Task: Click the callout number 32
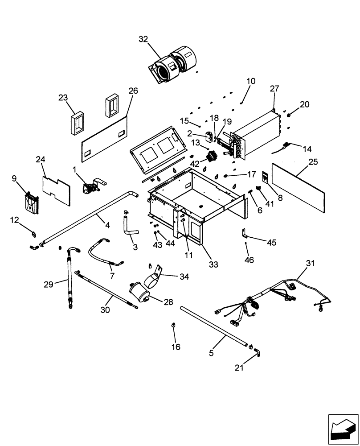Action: click(143, 39)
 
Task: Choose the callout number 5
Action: click(212, 353)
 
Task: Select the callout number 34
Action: click(184, 277)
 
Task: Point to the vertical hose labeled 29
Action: click(70, 277)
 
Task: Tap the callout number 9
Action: click(14, 178)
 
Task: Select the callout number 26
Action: click(133, 91)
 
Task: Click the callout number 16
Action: click(176, 347)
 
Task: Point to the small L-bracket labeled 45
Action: click(244, 234)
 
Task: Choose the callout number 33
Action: click(213, 264)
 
